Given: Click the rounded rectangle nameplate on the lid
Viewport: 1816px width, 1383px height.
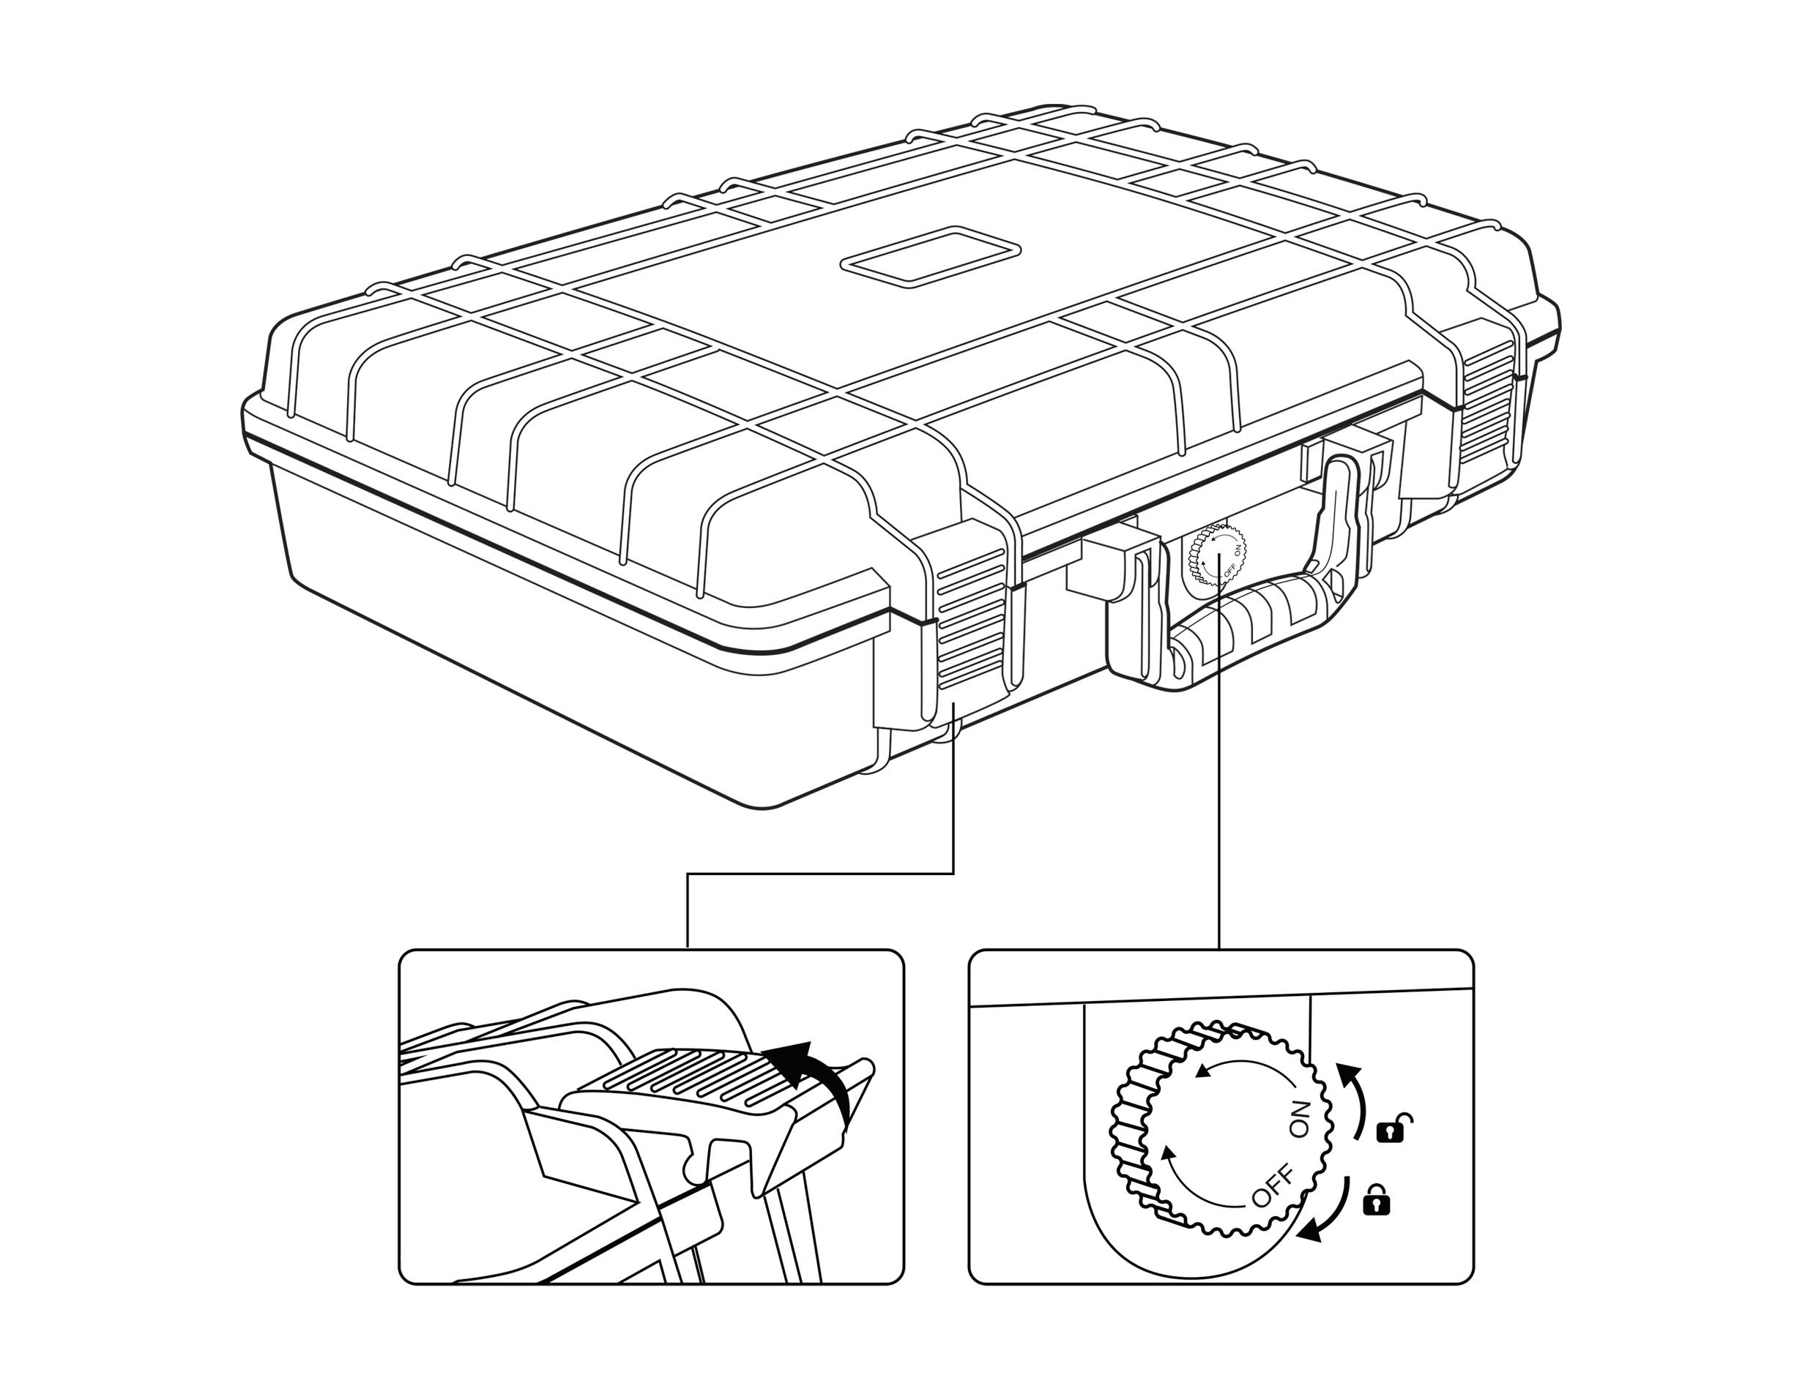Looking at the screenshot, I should tap(930, 258).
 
